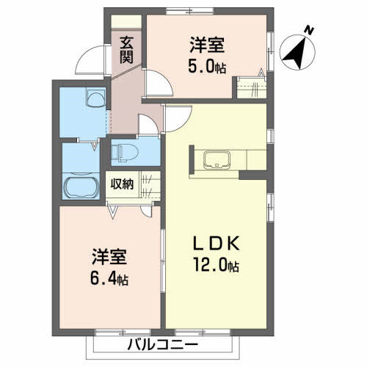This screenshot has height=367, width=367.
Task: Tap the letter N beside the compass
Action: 310,31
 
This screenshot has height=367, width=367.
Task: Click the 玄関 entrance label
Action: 126,49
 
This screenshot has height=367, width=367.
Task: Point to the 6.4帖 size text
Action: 110,279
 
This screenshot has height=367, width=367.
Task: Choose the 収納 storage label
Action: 122,183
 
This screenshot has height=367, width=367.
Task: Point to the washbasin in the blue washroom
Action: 95,98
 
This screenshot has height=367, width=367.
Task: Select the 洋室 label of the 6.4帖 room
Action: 110,258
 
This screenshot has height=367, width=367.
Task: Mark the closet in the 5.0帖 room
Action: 250,89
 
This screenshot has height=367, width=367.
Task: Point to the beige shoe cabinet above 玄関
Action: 126,23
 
